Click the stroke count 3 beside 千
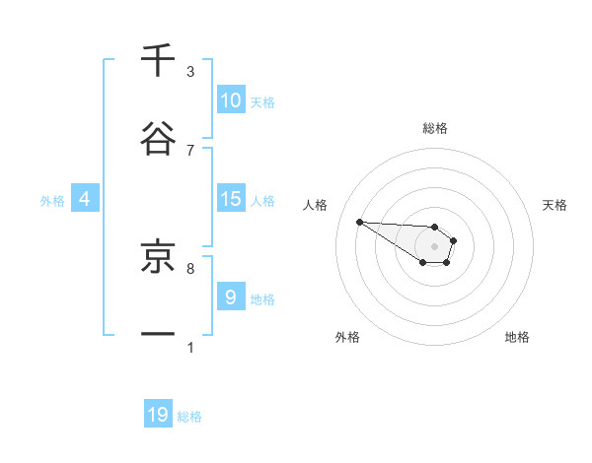(x=190, y=72)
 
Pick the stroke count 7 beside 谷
(x=190, y=150)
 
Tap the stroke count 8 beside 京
(x=190, y=267)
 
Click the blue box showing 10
(x=231, y=100)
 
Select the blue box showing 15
(x=231, y=199)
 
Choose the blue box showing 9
(x=231, y=297)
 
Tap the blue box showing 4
(x=85, y=199)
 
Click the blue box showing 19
(x=158, y=415)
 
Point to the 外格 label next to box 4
(x=52, y=200)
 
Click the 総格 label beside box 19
(x=189, y=417)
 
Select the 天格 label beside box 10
(x=262, y=102)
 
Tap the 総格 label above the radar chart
(x=435, y=128)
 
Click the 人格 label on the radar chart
(x=315, y=205)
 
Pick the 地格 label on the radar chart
(x=517, y=337)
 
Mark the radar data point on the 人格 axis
(x=359, y=222)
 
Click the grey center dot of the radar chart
(x=434, y=246)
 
